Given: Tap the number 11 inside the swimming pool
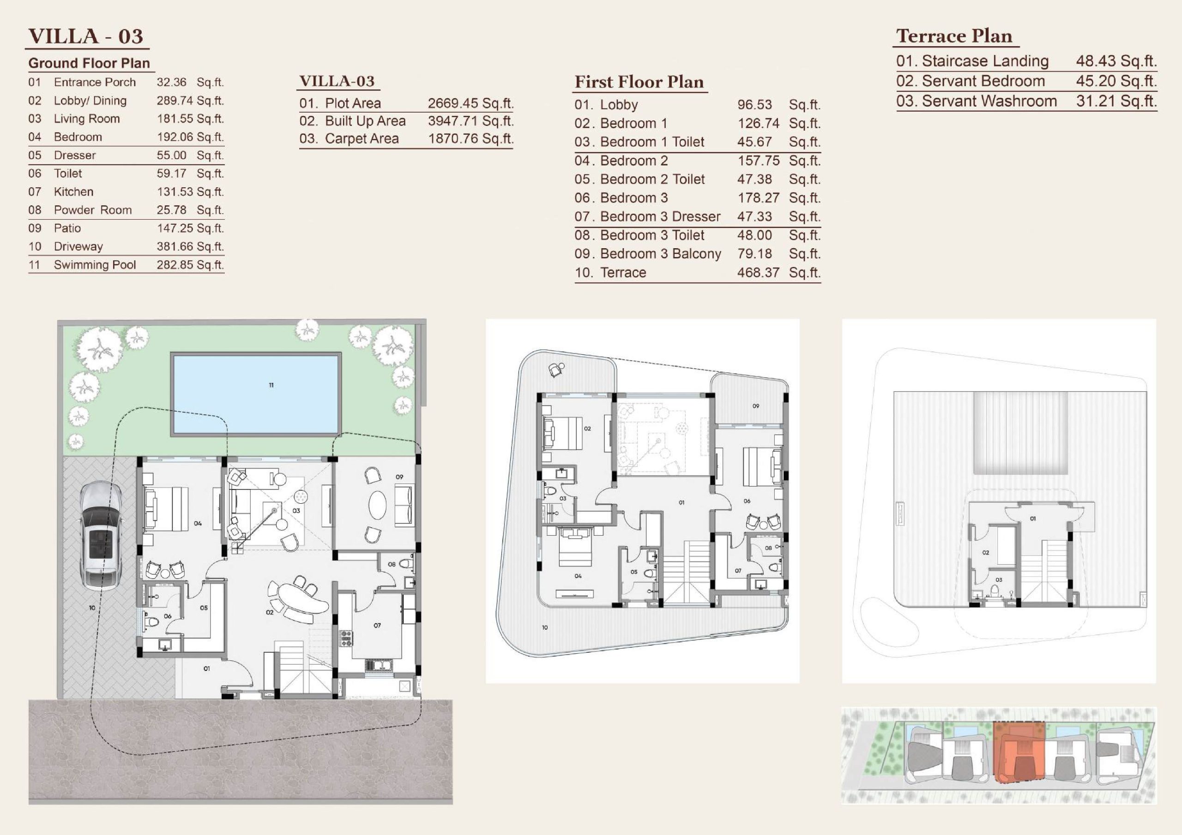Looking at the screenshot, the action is [271, 385].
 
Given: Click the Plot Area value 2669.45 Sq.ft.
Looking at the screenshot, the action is [470, 103].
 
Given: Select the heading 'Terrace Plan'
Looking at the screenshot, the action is [954, 36].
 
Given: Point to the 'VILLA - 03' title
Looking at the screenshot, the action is [85, 36].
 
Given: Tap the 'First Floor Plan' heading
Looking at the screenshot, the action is [639, 82].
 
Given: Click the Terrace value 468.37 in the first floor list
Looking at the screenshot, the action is [758, 273].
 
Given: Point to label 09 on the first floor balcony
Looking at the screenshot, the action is [756, 406].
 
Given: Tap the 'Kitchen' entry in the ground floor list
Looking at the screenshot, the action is [73, 192].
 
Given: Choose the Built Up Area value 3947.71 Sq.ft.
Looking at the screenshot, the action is [470, 121].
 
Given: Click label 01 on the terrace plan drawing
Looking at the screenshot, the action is [1033, 519].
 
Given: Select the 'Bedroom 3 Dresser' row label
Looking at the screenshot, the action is [661, 217].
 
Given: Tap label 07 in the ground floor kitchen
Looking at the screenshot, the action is [377, 626].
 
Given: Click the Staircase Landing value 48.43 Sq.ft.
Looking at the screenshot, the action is [1116, 61].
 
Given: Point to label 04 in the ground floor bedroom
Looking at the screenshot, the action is [198, 523].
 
